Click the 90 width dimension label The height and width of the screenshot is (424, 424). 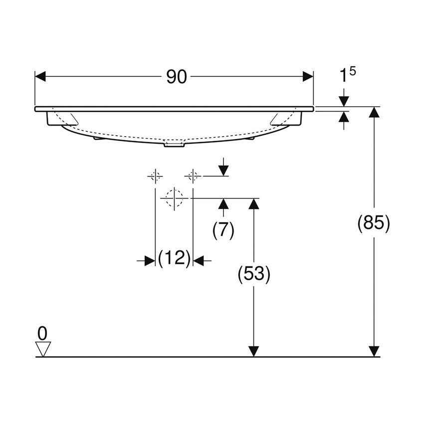point(176,77)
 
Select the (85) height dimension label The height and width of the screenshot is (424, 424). point(374,223)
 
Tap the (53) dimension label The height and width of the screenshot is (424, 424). point(254,274)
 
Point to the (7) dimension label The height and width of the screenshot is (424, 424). point(223,230)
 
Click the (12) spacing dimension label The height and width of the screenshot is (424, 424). point(174,258)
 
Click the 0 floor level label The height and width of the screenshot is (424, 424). point(43,332)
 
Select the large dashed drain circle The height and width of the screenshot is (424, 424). point(174,198)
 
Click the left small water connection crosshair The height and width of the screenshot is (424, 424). point(156,176)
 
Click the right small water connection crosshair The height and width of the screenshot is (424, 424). point(193,176)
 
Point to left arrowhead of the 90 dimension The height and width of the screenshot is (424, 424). point(40,77)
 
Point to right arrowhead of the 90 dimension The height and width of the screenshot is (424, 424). point(308,77)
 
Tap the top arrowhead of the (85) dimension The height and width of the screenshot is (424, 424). point(374,112)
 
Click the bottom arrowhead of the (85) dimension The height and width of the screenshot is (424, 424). point(374,351)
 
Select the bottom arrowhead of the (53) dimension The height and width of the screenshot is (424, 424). point(254,351)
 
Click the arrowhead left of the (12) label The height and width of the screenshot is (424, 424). point(150,260)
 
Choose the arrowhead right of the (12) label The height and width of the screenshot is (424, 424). point(199,260)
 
